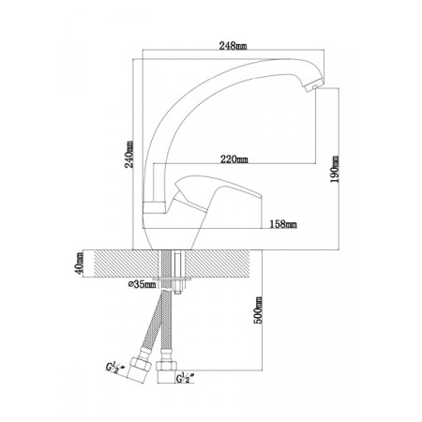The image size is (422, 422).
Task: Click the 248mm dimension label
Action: point(233,46)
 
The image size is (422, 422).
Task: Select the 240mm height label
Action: point(129,154)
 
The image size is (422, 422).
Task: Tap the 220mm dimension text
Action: point(234,159)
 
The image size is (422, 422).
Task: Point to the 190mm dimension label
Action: point(335,169)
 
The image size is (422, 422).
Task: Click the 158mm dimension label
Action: point(283,224)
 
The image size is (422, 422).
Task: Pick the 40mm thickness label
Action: point(80,263)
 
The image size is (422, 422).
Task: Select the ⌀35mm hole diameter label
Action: point(142,284)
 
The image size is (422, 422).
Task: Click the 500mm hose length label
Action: point(258,310)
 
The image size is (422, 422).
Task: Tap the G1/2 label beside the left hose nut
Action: point(114,367)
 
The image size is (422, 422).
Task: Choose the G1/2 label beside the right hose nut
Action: point(185,378)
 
